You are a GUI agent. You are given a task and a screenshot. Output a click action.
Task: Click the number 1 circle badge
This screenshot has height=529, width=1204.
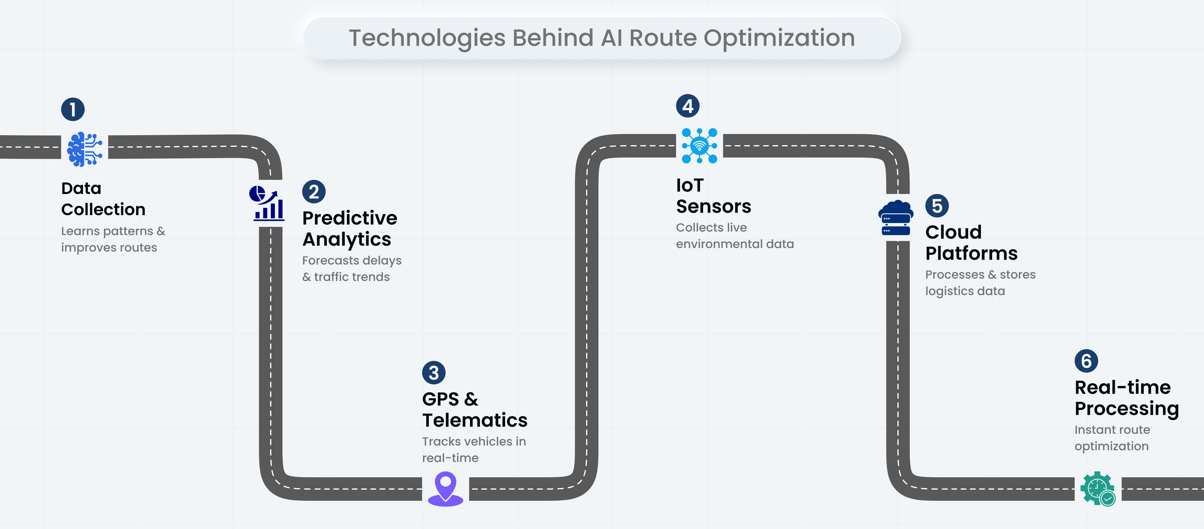pyautogui.click(x=73, y=109)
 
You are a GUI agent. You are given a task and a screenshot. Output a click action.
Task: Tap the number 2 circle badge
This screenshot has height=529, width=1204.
pyautogui.click(x=314, y=192)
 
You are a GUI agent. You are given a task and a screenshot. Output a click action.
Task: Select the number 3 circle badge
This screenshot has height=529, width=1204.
pyautogui.click(x=434, y=372)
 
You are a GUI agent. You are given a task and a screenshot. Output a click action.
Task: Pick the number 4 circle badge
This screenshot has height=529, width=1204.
pyautogui.click(x=688, y=106)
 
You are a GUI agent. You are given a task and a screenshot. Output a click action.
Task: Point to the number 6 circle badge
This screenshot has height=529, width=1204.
pyautogui.click(x=1086, y=361)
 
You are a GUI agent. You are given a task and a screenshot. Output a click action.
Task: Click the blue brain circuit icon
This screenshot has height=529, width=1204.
pyautogui.click(x=85, y=149)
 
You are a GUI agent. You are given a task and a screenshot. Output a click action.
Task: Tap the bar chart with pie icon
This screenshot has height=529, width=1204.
pyautogui.click(x=267, y=203)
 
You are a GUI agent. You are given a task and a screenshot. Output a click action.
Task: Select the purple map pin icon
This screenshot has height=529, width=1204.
pyautogui.click(x=445, y=488)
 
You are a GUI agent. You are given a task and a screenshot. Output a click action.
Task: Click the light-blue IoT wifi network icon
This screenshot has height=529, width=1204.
pyautogui.click(x=699, y=145)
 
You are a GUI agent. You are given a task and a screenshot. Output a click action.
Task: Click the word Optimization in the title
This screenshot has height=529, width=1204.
pyautogui.click(x=779, y=38)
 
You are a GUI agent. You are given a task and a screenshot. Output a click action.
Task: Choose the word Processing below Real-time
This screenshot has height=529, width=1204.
pyautogui.click(x=1126, y=409)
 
